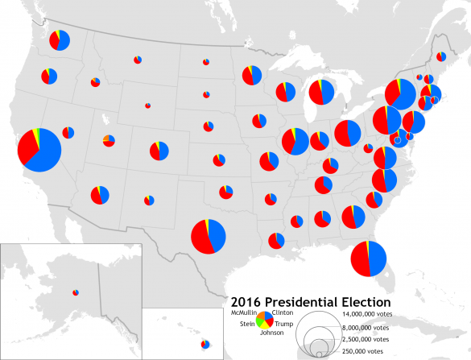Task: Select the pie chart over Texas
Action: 209,236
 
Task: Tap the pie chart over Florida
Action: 368,259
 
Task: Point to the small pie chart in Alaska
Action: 75,292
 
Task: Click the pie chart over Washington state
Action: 60,40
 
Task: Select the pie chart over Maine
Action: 441,56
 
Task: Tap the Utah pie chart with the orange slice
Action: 109,141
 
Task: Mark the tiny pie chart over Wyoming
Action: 147,105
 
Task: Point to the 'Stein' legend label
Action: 247,323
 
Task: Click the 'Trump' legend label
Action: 284,323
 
